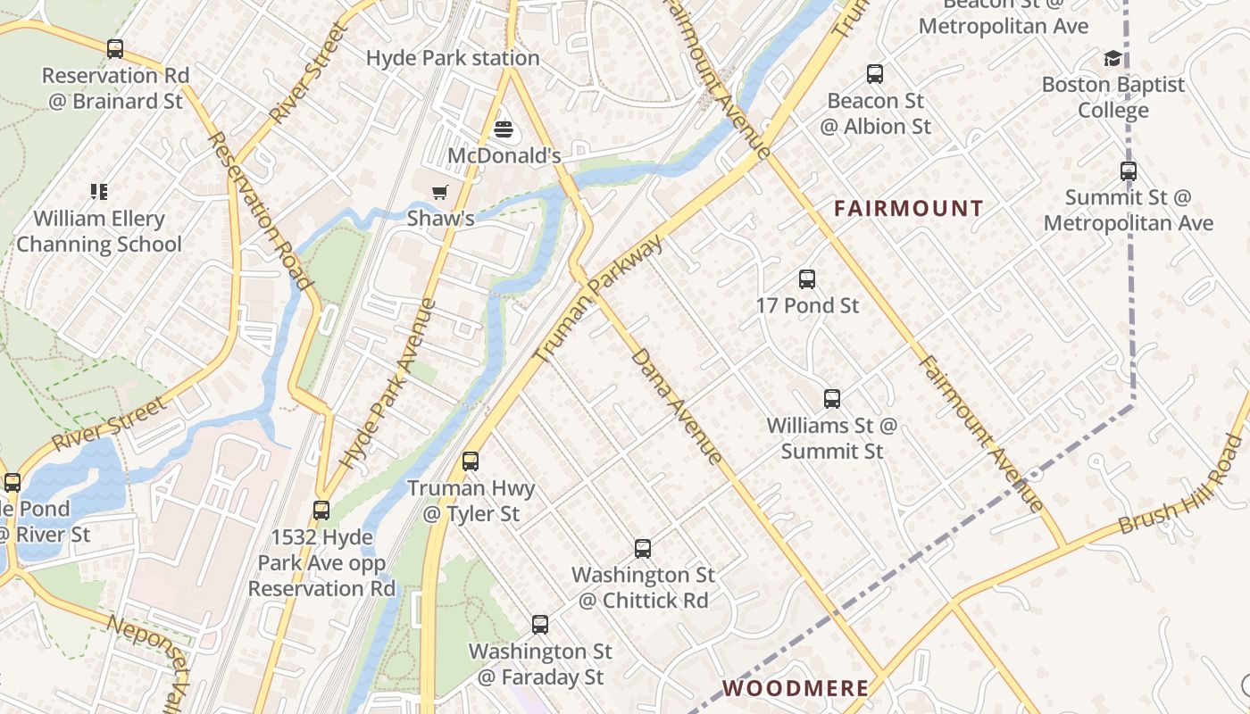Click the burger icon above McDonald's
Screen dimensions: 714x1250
pos(504,130)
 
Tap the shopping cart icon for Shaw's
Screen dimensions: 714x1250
pos(439,193)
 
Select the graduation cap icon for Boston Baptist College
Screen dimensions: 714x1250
pos(1112,59)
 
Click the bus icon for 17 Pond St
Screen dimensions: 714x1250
pos(807,279)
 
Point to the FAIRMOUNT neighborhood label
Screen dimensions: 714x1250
pos(908,209)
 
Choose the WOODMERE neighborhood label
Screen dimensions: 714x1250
pos(795,688)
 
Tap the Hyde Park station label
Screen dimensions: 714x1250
pos(453,58)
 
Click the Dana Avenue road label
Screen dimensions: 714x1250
pos(677,406)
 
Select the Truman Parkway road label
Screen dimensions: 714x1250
pos(599,299)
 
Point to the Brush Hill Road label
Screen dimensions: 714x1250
pos(1179,486)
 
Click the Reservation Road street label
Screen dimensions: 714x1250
pos(260,212)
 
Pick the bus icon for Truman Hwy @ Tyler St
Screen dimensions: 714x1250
pos(471,461)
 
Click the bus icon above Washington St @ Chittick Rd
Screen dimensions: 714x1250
pos(643,549)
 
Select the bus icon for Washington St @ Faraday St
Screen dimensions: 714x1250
pos(540,625)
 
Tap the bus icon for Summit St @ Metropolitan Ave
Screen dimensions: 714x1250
pos(1129,171)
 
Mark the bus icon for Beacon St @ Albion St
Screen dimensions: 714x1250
pos(875,74)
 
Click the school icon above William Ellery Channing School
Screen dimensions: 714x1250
pos(98,191)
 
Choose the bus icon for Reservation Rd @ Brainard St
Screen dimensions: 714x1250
pos(115,49)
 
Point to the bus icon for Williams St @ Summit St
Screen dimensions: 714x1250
pos(832,399)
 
